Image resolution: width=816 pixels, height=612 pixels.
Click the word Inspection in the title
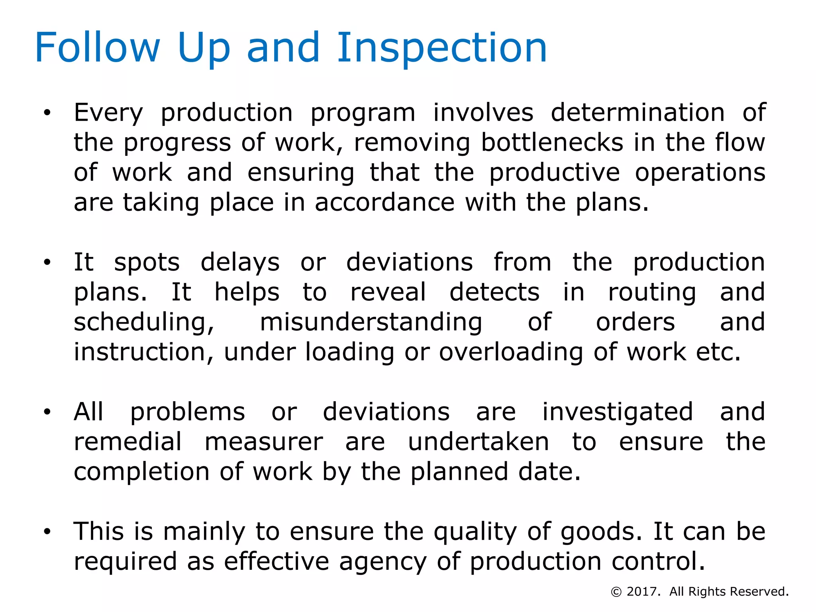point(442,49)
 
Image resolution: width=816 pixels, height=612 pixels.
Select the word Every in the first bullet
point(108,113)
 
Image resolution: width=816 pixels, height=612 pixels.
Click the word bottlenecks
point(552,143)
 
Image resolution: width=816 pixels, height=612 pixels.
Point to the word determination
point(637,113)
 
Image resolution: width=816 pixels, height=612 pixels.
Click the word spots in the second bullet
point(147,263)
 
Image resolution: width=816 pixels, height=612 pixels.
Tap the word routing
point(652,293)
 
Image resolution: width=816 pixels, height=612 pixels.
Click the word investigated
point(618,412)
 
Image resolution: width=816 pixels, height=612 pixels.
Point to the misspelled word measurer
point(263,442)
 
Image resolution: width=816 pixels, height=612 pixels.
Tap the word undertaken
point(479,442)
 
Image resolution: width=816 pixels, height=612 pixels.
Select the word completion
point(141,472)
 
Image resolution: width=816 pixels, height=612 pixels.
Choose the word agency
point(383,562)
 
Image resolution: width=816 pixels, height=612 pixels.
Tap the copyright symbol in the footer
point(616,592)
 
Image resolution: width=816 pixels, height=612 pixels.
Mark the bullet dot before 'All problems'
point(47,412)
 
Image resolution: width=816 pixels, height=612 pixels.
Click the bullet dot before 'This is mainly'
point(47,532)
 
